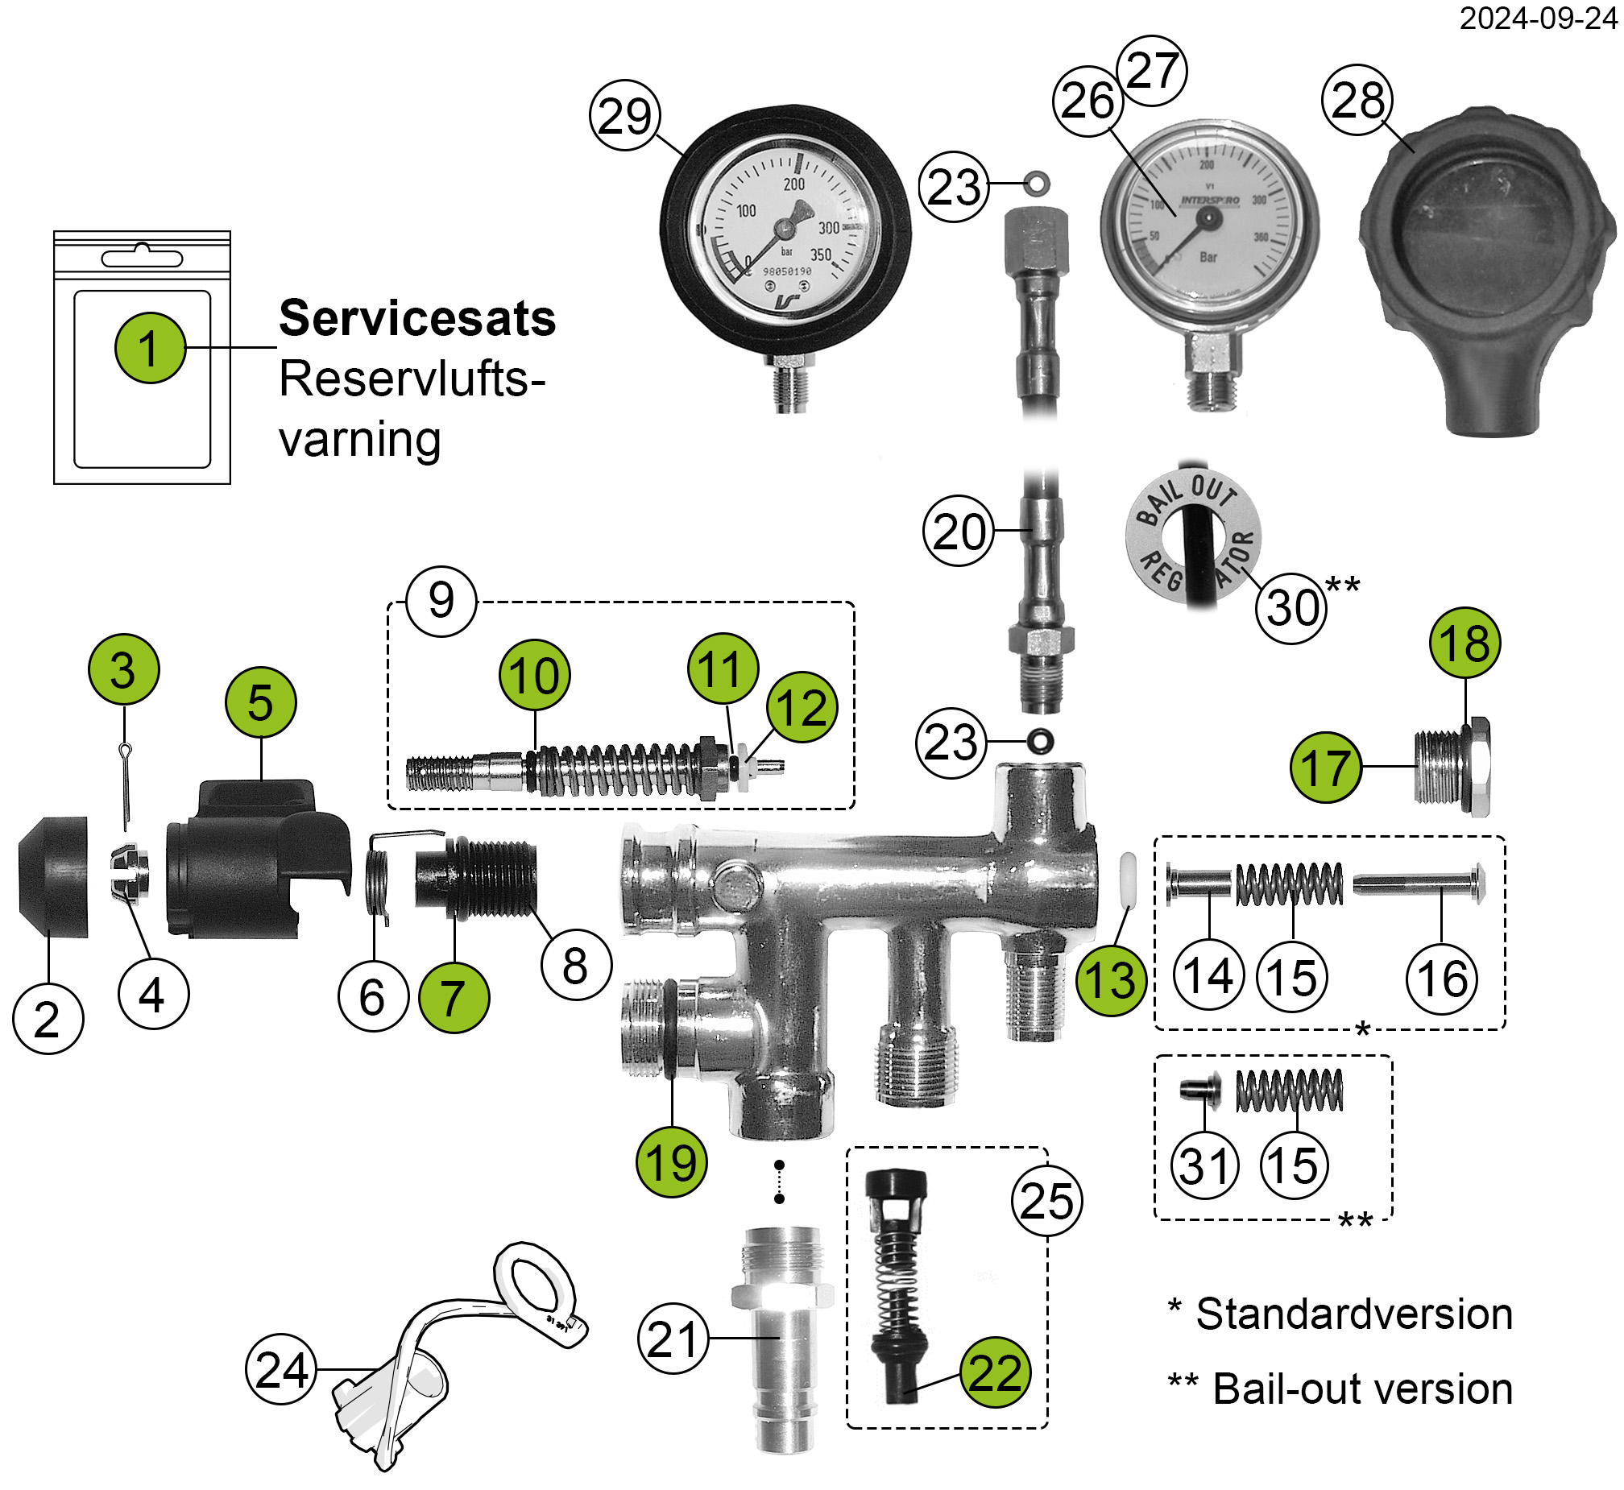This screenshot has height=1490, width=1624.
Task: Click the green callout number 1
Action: (x=150, y=347)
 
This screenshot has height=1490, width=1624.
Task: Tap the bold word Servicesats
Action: (x=417, y=318)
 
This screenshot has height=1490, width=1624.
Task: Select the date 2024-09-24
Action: (x=1538, y=18)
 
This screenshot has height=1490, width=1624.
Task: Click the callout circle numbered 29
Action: (x=625, y=115)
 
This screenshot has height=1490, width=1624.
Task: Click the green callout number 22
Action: (x=995, y=1372)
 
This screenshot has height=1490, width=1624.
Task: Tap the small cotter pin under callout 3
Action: (x=126, y=786)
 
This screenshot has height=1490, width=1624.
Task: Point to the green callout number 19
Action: (x=671, y=1162)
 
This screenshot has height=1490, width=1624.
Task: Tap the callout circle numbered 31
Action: (x=1204, y=1166)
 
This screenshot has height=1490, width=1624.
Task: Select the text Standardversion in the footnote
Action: (x=1354, y=1314)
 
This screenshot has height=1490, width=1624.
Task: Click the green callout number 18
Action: (x=1464, y=643)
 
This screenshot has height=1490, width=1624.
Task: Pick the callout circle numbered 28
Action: (x=1358, y=100)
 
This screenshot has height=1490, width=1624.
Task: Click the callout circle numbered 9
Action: (x=441, y=601)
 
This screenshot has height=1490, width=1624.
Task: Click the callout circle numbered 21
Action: (x=673, y=1339)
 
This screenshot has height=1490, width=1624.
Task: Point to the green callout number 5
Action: (x=260, y=702)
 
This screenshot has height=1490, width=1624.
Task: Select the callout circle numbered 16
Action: (x=1442, y=979)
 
